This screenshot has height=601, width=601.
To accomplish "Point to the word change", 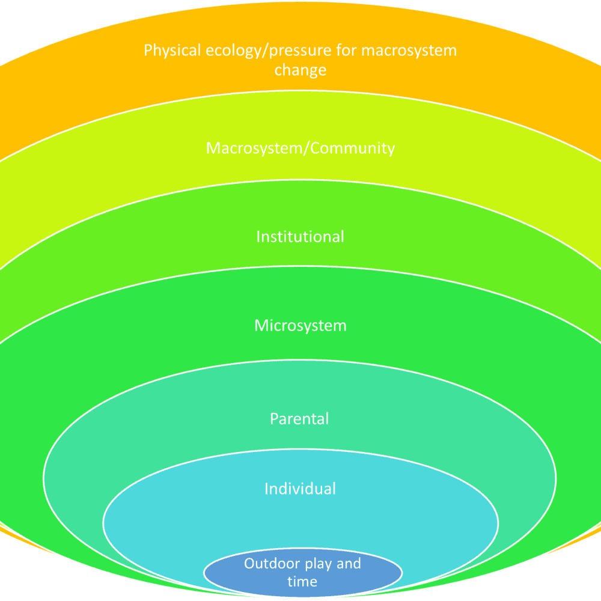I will [300, 70].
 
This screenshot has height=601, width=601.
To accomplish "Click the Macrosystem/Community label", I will [300, 148].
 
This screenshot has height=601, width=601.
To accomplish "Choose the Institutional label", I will [300, 236].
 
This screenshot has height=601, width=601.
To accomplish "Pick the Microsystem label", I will [300, 326].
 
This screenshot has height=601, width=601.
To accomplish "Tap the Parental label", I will [299, 418].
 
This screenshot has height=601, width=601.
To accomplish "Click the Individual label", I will [300, 489].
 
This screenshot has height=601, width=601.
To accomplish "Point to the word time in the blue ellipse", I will [302, 581].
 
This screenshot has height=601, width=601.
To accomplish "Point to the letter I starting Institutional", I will [258, 236].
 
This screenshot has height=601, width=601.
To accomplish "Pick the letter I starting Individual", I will [266, 489].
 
